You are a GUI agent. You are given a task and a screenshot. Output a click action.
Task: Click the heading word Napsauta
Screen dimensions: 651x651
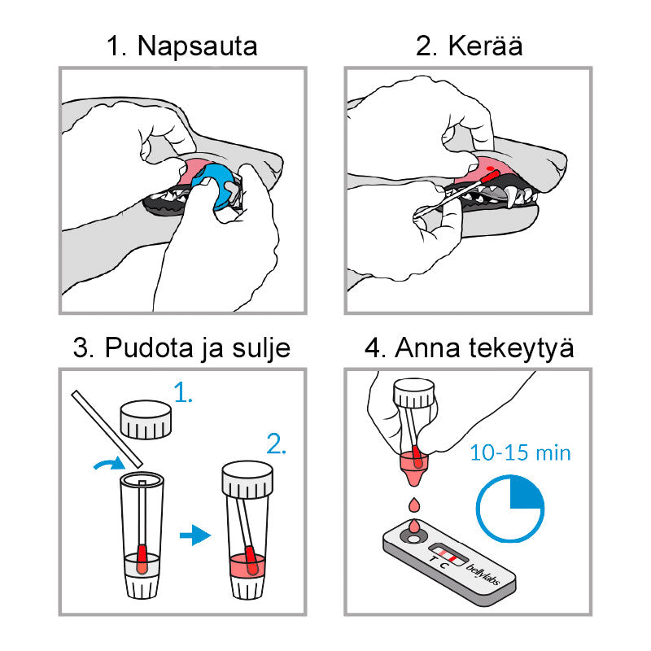[197, 46]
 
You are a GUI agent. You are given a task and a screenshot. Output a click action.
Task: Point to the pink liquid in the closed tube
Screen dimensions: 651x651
[246, 565]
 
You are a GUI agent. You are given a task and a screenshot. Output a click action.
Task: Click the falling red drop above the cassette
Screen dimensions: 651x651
[414, 505]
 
